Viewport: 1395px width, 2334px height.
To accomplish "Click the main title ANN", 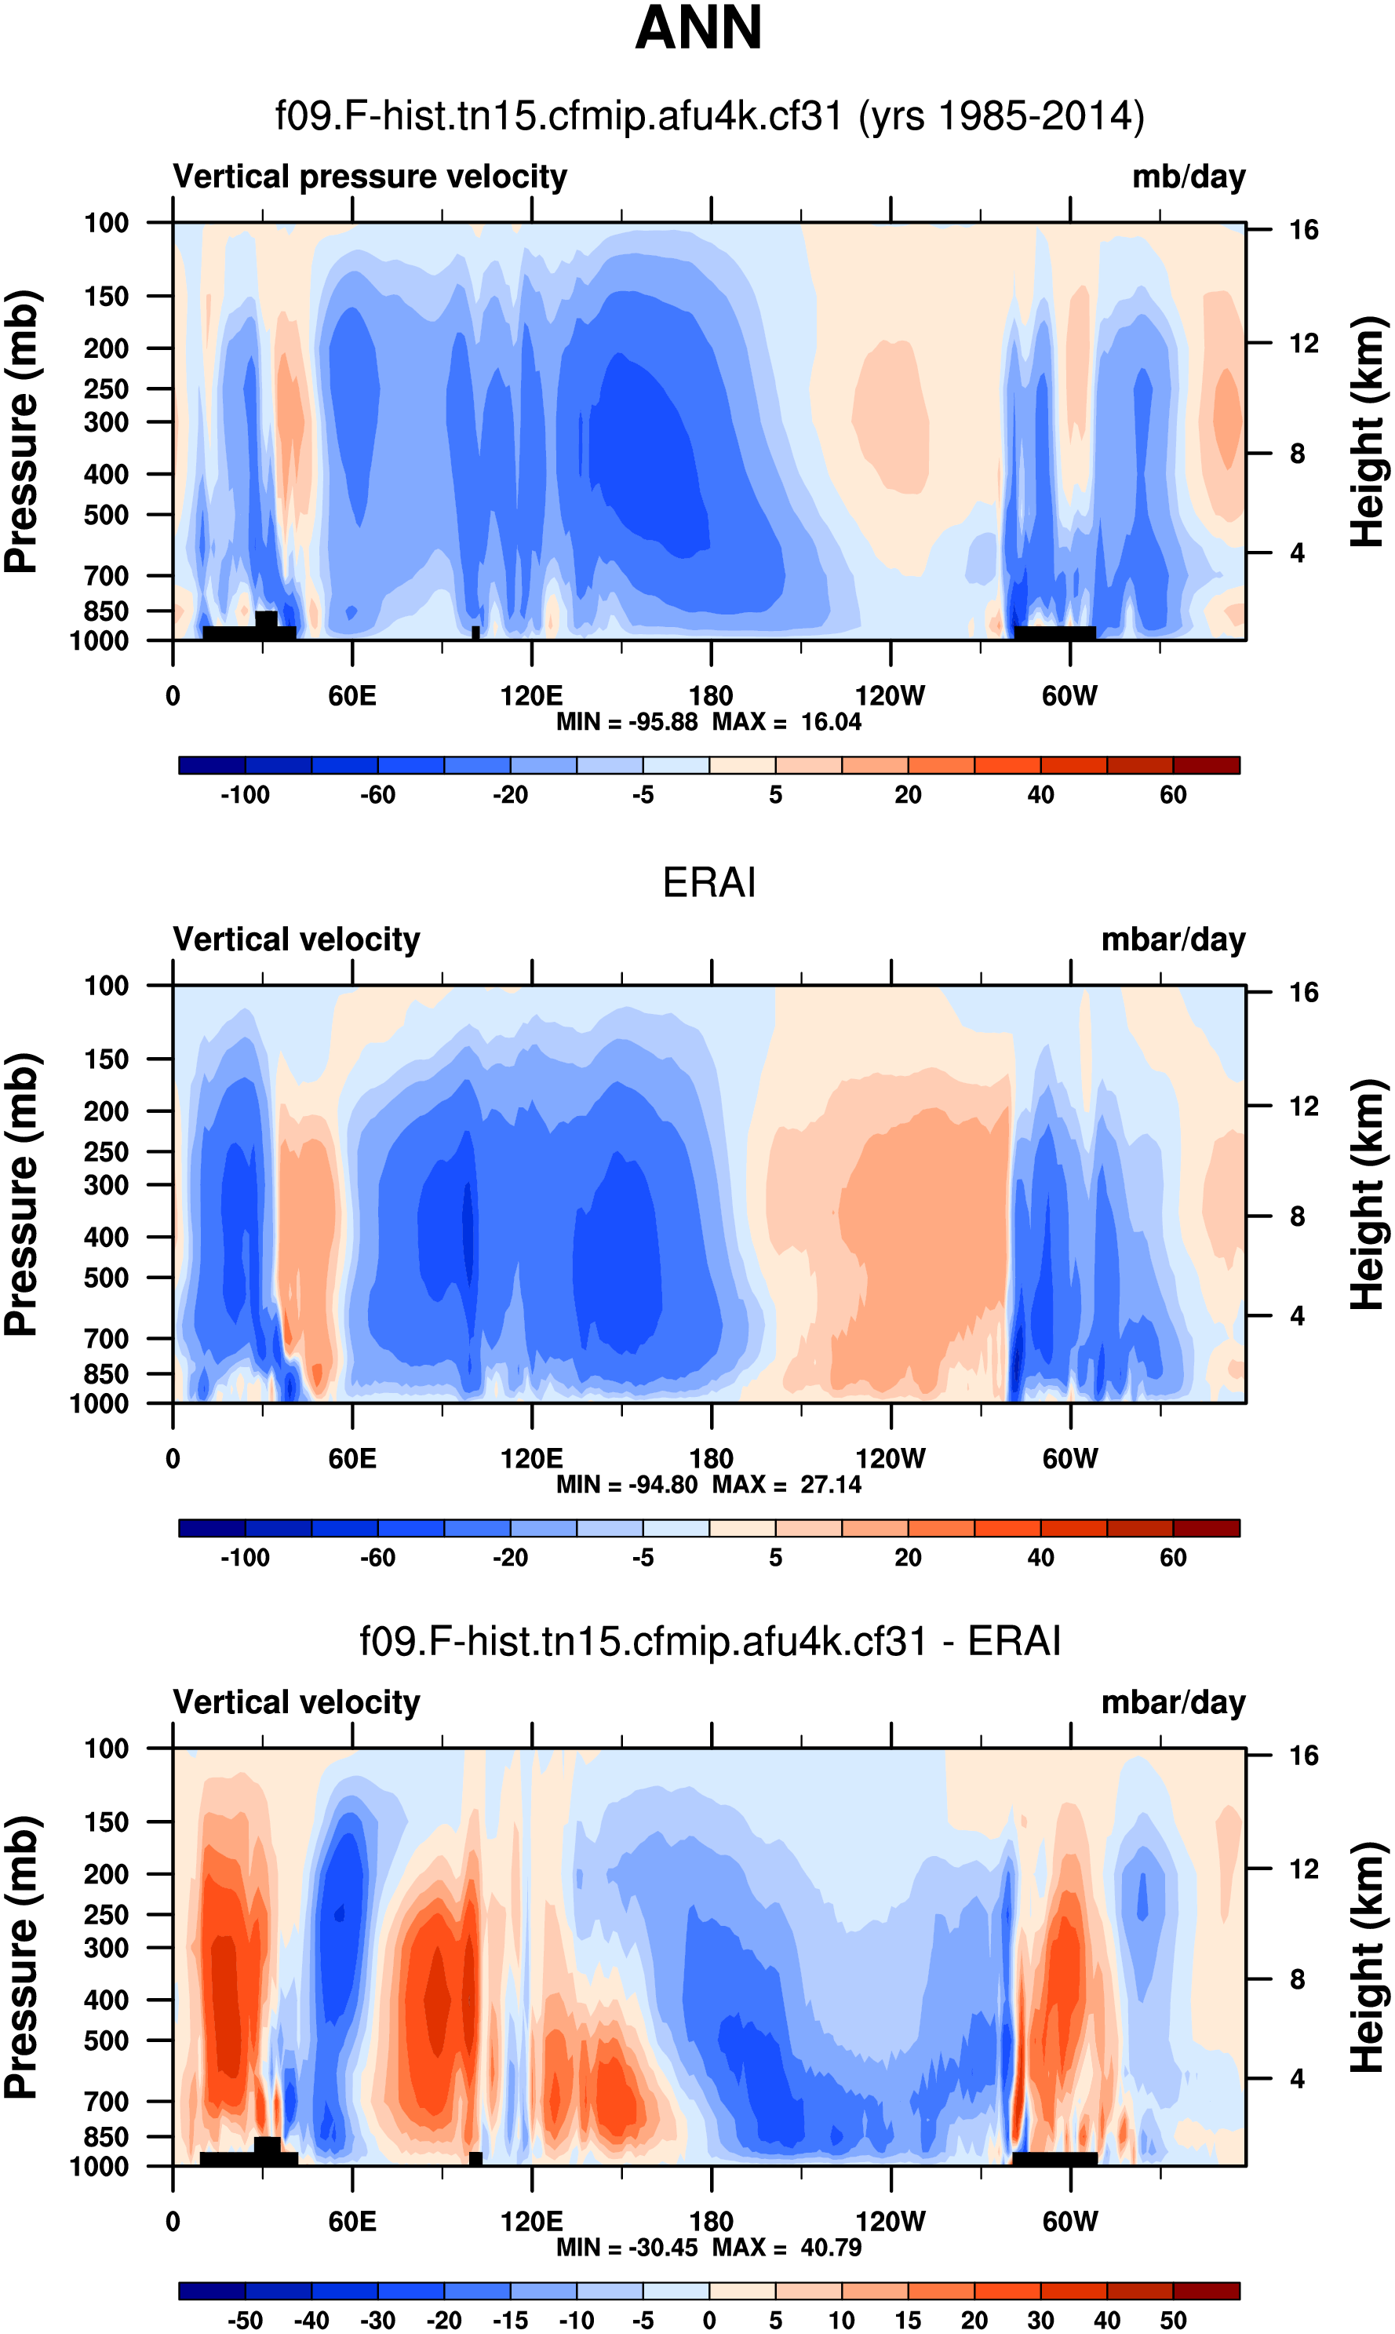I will point(698,28).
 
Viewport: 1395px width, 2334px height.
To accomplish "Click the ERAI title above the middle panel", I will point(708,883).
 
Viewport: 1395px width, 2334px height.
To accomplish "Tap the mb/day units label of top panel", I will point(1188,177).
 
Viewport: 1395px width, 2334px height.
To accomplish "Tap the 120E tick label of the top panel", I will point(531,697).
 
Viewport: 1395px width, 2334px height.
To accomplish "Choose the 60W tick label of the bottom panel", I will point(1069,2221).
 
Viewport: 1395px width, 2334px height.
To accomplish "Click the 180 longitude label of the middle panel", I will point(711,1459).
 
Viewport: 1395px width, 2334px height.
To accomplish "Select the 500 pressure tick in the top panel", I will point(105,515).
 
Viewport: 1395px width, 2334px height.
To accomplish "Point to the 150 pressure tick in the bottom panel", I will point(105,1822).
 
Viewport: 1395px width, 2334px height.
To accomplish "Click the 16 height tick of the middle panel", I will point(1303,993).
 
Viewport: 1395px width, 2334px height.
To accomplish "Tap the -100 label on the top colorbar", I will point(245,795).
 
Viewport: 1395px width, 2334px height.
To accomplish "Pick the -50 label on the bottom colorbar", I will point(245,2320).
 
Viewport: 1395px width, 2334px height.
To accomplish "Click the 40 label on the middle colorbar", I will point(1040,1558).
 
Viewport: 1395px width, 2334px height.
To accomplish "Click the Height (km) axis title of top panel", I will point(1368,432).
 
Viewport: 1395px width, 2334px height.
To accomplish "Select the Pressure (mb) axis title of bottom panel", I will point(20,1957).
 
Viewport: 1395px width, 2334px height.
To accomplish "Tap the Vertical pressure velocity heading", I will point(370,177).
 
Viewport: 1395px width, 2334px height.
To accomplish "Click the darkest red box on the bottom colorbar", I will point(1206,2290).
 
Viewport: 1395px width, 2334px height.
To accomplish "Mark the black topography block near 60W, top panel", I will point(1054,633).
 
